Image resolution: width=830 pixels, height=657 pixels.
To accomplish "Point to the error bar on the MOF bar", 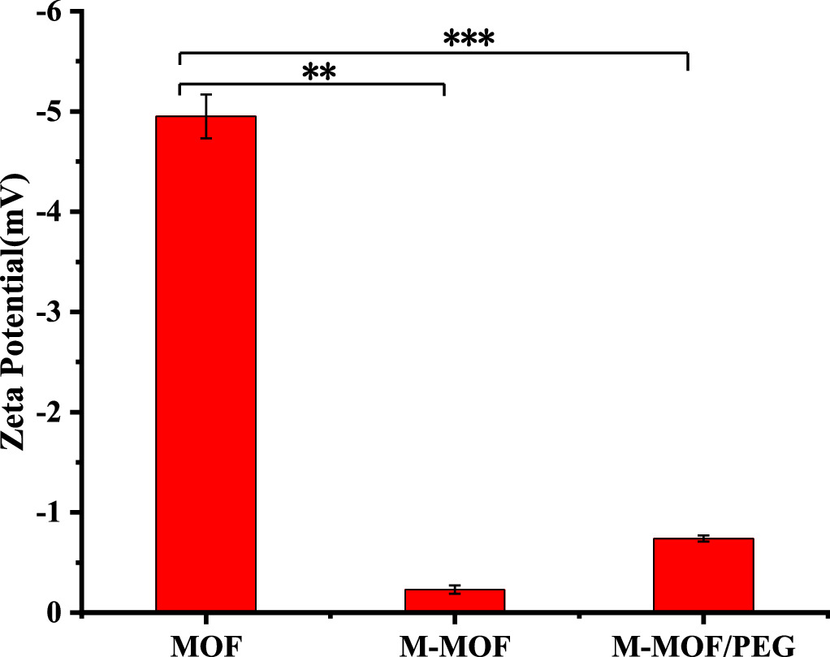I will (x=206, y=116).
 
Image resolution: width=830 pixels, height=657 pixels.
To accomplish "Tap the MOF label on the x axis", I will (x=206, y=644).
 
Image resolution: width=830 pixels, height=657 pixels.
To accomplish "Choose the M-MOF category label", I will (x=455, y=644).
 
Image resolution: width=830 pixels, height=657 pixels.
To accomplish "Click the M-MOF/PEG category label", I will (x=703, y=644).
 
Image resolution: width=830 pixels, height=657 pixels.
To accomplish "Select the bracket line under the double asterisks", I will (x=311, y=84).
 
